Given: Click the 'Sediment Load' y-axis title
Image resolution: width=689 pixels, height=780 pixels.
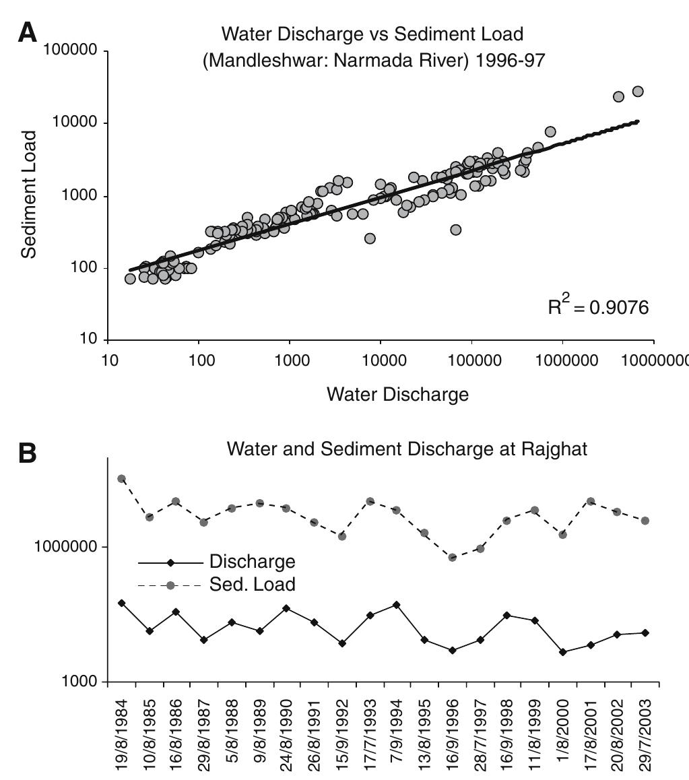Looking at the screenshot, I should coord(28,194).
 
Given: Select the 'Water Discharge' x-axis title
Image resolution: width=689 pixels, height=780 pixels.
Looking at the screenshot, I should coord(397,394).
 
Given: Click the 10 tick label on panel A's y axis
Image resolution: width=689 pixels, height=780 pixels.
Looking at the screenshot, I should coord(90,339).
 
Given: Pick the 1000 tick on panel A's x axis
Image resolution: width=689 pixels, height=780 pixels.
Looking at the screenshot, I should coord(290,358).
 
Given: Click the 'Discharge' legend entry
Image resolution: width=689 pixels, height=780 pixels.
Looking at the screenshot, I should coord(252,562).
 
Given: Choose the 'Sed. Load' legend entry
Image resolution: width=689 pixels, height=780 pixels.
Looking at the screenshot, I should coord(252,585).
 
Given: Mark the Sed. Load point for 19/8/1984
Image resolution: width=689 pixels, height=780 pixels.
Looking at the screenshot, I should coord(122,478).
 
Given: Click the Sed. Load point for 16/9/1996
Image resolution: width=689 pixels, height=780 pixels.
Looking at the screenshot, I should coord(453,557).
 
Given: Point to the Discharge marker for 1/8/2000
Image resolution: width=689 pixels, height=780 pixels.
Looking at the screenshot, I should coord(563,652).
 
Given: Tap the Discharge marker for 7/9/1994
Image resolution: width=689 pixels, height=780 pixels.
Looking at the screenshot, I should coord(397,605).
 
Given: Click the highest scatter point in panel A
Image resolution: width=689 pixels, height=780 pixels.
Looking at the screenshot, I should coord(638,91).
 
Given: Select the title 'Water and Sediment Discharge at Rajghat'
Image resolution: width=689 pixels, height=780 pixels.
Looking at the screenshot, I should coord(407,449).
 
